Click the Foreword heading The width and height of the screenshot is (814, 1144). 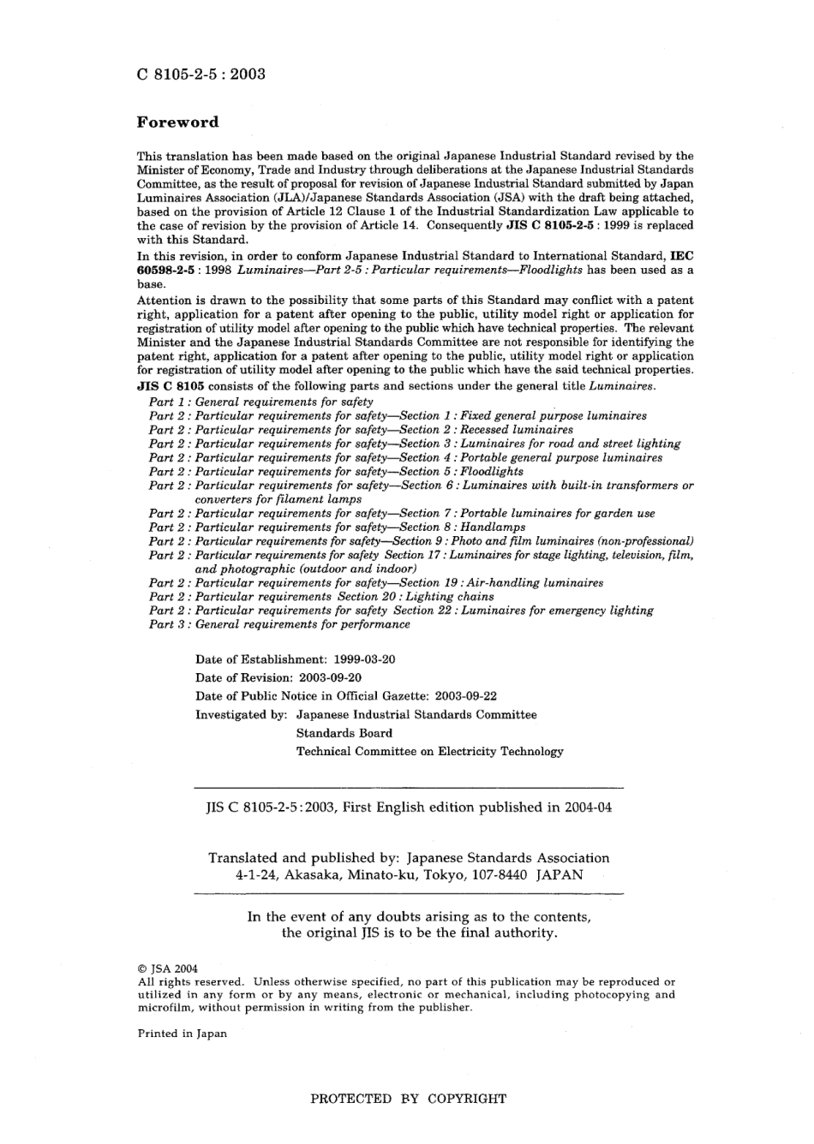coord(177,122)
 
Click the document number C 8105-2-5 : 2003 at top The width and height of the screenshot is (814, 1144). coord(201,74)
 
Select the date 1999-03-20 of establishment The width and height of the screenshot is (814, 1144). coord(364,659)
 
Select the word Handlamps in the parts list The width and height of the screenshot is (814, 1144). coord(493,527)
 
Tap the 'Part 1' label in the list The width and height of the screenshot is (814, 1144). coord(167,402)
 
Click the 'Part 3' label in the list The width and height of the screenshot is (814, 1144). coord(167,624)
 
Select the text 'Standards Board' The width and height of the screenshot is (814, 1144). coord(344,733)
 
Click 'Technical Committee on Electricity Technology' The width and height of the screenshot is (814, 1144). coord(430,752)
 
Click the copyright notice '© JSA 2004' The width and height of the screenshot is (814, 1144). coord(168,968)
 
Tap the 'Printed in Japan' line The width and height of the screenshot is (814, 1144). coord(183,1034)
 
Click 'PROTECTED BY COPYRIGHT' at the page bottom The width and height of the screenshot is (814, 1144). coord(408,1099)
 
